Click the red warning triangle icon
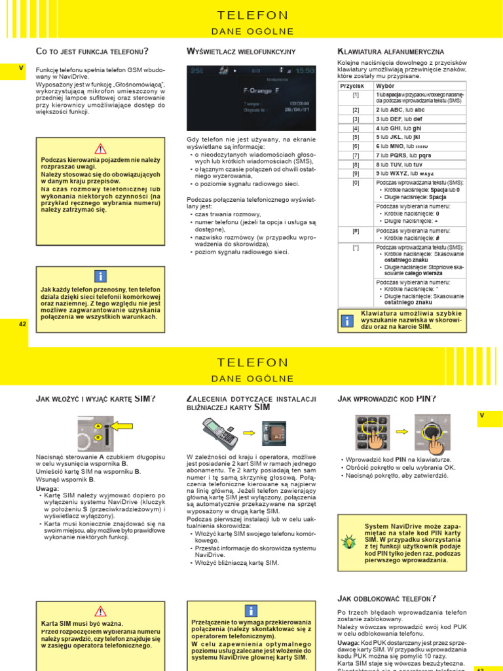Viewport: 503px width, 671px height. (x=100, y=148)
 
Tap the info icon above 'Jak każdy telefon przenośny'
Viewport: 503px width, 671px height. (x=100, y=276)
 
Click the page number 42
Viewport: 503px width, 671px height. (x=22, y=324)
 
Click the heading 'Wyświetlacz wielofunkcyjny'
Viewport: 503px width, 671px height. (x=241, y=51)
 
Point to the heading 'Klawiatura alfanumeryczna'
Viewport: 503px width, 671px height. (x=391, y=51)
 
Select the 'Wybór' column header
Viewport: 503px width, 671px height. (x=386, y=86)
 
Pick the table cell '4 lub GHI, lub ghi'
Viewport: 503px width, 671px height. (x=420, y=128)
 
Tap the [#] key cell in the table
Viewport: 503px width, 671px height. (x=356, y=231)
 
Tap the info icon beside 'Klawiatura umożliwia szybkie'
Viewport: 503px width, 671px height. (x=347, y=320)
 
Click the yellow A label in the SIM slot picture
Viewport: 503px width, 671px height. (x=98, y=427)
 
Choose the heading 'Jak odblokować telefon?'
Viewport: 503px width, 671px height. (x=386, y=598)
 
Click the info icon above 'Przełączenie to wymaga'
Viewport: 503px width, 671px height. (x=251, y=611)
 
